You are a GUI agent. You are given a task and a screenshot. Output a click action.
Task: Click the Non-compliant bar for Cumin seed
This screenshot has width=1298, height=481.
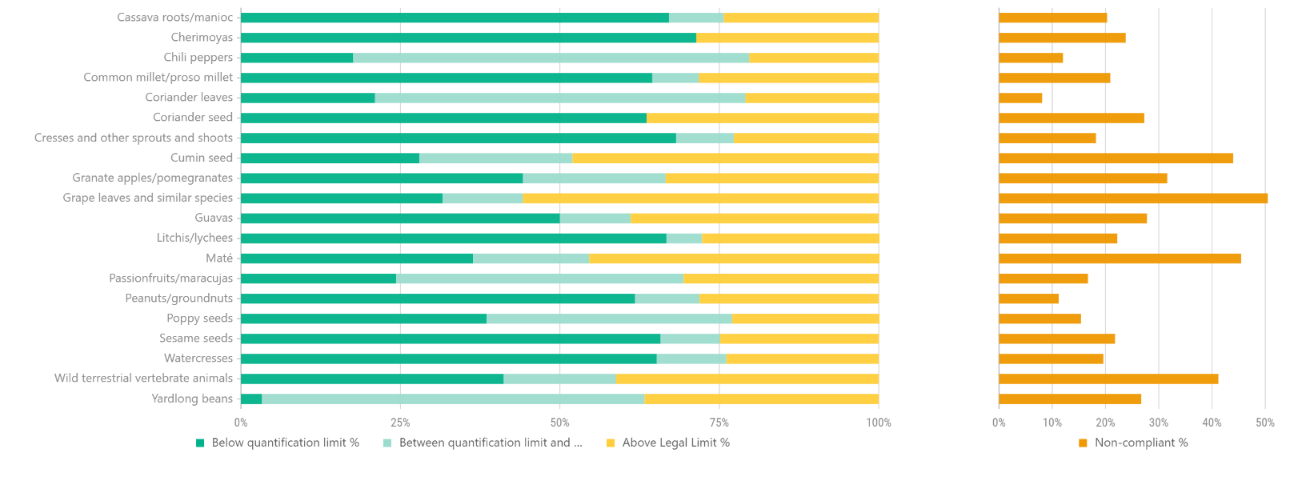(1116, 158)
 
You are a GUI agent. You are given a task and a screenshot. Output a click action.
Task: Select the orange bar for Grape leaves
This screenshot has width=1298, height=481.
(1132, 198)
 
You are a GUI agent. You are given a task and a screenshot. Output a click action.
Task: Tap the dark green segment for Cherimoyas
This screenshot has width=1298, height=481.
(468, 38)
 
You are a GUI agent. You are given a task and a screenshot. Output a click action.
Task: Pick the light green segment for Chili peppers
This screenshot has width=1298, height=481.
(551, 58)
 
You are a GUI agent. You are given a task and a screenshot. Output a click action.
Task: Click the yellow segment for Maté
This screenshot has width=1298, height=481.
(734, 259)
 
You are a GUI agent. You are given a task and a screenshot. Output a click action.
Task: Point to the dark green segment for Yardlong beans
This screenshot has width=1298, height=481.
(251, 399)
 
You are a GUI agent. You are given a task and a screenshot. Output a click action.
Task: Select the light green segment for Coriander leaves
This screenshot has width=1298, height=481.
(560, 98)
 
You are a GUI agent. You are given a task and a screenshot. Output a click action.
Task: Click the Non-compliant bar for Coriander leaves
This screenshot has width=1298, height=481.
(1020, 98)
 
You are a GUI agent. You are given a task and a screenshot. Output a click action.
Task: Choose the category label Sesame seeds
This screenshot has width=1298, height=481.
(196, 339)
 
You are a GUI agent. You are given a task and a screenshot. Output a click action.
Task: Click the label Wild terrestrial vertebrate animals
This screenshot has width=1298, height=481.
(144, 379)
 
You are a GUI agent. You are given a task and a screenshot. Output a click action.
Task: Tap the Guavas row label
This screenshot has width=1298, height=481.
(214, 218)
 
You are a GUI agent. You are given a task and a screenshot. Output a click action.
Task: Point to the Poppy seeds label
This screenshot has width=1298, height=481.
(200, 319)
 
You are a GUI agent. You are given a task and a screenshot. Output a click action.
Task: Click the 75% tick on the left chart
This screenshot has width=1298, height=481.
(719, 423)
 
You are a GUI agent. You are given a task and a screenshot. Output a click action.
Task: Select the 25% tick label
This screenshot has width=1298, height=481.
(400, 423)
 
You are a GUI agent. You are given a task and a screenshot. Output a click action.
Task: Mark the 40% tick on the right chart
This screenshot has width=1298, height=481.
(1212, 423)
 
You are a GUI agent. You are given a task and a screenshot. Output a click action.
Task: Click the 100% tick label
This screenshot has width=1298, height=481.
(879, 423)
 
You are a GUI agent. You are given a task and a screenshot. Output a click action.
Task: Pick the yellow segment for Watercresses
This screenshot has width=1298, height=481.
(802, 359)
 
